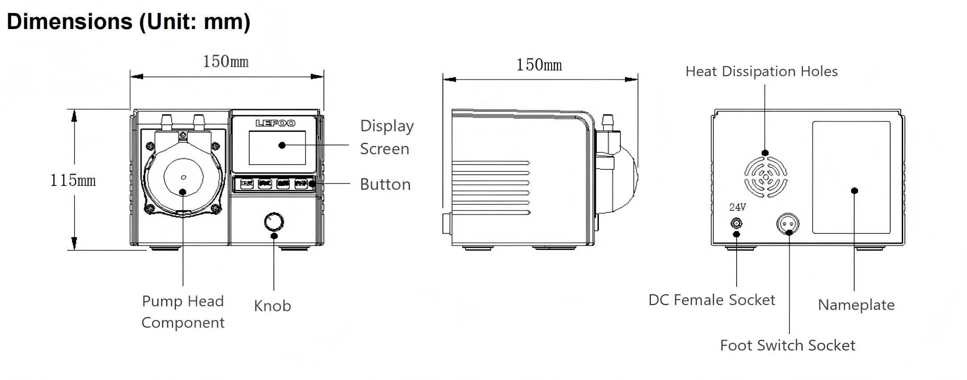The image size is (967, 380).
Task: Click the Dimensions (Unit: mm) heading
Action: click(x=129, y=21)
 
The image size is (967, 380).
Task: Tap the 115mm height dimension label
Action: click(x=73, y=181)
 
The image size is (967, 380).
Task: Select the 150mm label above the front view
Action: click(x=226, y=62)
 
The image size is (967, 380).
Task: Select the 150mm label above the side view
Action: click(x=539, y=65)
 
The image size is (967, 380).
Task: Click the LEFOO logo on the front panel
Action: click(x=275, y=123)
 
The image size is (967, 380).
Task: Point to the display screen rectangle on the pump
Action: click(x=277, y=148)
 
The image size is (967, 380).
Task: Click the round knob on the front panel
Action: click(x=274, y=222)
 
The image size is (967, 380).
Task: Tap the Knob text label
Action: click(x=272, y=306)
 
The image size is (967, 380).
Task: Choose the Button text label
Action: click(x=385, y=185)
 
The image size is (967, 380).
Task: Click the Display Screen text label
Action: click(x=387, y=137)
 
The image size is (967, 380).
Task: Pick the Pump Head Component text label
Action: click(x=183, y=312)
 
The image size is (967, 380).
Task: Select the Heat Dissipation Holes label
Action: click(x=761, y=72)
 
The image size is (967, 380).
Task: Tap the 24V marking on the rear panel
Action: click(x=737, y=207)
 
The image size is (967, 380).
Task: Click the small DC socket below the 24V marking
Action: click(x=736, y=223)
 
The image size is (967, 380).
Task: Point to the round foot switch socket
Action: click(x=788, y=223)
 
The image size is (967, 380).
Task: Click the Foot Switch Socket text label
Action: click(x=787, y=346)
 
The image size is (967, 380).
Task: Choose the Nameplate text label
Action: click(x=856, y=305)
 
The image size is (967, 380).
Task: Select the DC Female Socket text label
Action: click(x=712, y=300)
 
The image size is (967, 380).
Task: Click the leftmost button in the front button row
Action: click(x=247, y=183)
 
